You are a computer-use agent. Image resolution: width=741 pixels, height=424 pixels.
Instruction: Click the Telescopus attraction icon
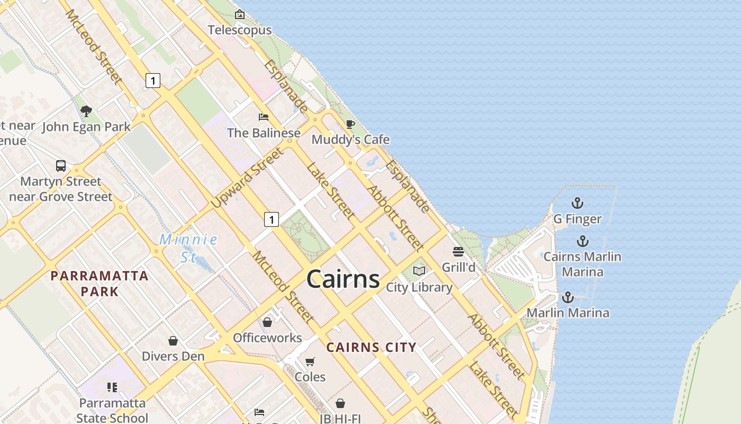(x=240, y=15)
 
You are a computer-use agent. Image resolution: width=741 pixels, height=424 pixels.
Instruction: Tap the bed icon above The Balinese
(x=264, y=117)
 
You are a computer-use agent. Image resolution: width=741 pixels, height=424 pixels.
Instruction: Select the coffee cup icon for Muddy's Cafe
(x=350, y=125)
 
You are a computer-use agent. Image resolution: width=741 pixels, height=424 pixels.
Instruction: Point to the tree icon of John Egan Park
(x=86, y=111)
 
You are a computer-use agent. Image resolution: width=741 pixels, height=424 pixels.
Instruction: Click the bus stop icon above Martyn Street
(x=61, y=166)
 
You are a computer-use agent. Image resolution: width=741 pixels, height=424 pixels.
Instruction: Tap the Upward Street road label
(x=247, y=178)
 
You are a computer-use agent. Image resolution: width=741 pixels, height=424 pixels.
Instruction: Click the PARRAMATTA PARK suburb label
(x=100, y=284)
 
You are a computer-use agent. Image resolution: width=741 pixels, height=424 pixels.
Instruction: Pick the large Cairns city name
(x=343, y=279)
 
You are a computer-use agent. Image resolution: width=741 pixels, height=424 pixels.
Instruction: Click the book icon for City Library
(x=419, y=271)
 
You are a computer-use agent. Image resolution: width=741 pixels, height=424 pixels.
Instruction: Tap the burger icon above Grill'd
(x=458, y=252)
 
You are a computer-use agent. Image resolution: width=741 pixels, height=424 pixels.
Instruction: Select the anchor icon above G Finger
(x=577, y=203)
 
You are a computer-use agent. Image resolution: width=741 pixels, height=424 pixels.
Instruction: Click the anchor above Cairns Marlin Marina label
(x=582, y=242)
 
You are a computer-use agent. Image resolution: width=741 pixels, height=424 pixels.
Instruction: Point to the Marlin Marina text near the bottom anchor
(x=568, y=313)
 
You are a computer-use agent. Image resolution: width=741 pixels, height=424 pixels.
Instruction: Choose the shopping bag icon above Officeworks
(x=267, y=322)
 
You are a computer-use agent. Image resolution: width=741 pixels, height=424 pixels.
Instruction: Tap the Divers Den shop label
(x=173, y=356)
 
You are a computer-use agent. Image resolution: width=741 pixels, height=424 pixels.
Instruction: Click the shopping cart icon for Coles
(x=310, y=361)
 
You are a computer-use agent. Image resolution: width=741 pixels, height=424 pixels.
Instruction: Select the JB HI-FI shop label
(x=340, y=419)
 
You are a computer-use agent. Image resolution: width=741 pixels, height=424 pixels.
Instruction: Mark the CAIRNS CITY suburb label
(x=371, y=348)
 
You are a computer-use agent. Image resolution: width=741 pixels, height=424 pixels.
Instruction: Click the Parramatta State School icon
(x=112, y=387)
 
